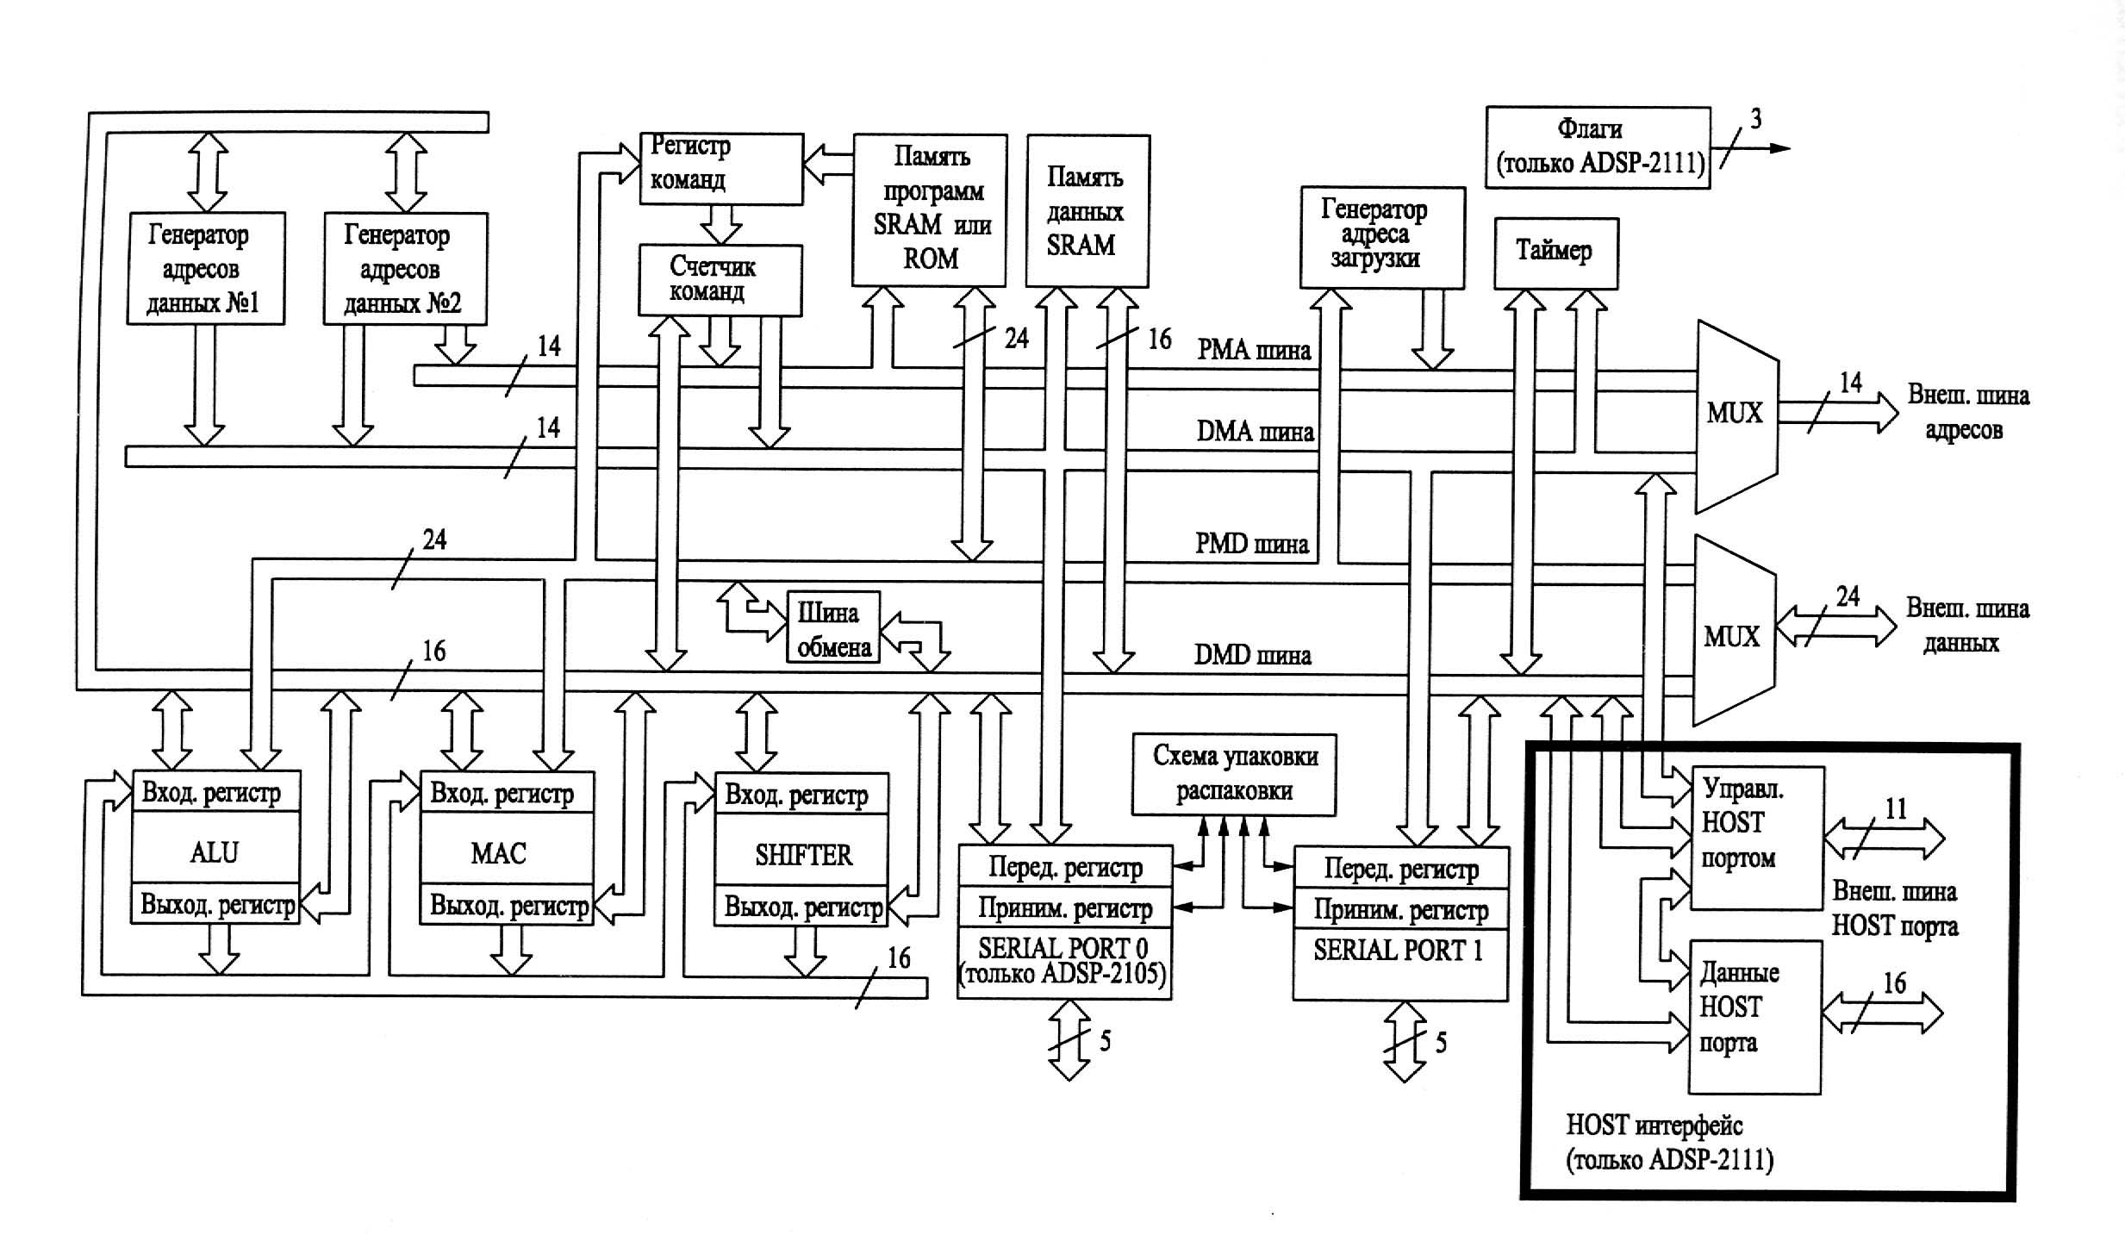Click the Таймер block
[x=1555, y=253]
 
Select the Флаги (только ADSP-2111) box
[x=1597, y=147]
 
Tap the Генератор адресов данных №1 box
[x=205, y=268]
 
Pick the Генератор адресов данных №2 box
[x=404, y=268]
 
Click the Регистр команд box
[x=720, y=168]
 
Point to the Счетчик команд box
[x=720, y=280]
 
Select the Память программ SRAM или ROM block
[x=929, y=209]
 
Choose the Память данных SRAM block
[x=1087, y=210]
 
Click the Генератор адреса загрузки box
[x=1381, y=236]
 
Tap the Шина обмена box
[x=832, y=627]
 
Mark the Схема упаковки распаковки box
[x=1233, y=774]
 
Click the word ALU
[x=214, y=852]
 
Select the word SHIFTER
[x=803, y=855]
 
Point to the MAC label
[x=498, y=853]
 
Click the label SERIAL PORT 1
[x=1398, y=950]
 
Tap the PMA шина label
[x=1254, y=350]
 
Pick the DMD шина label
[x=1252, y=655]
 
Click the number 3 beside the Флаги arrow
[x=1755, y=119]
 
